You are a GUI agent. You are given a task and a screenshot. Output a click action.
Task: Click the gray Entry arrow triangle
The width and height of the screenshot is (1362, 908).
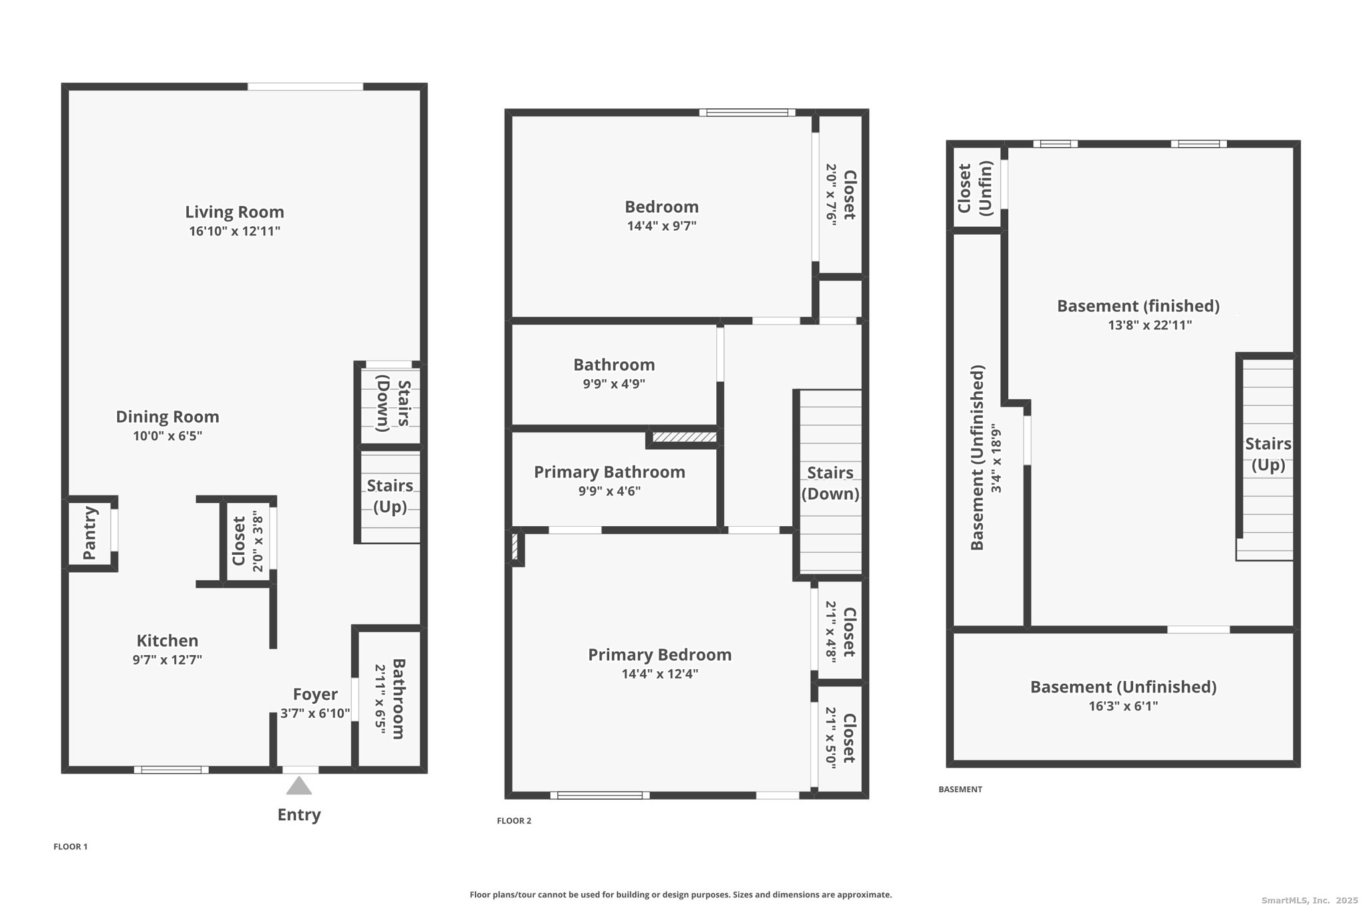(x=299, y=786)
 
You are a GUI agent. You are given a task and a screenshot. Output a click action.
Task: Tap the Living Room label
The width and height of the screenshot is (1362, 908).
(x=234, y=212)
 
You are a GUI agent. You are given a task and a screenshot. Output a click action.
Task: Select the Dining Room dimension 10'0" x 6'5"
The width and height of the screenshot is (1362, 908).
(x=168, y=436)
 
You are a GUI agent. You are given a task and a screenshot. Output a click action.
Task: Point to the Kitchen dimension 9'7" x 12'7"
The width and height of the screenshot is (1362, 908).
(x=167, y=660)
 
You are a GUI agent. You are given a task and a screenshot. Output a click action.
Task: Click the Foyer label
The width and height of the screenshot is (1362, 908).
(x=315, y=694)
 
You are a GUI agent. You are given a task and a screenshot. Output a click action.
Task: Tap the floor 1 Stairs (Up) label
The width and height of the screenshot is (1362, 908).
(x=390, y=496)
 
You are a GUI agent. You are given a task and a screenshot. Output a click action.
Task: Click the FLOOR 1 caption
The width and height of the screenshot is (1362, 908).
(x=70, y=847)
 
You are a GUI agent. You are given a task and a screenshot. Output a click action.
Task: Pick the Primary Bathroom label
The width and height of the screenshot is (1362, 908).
(x=609, y=472)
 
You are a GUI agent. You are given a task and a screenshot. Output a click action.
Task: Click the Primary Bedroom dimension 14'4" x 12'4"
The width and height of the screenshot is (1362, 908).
(x=660, y=674)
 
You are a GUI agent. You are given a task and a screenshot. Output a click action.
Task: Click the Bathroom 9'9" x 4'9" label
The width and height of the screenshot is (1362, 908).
(x=614, y=365)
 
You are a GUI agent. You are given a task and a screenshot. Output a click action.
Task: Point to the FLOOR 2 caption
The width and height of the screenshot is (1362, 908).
(x=514, y=821)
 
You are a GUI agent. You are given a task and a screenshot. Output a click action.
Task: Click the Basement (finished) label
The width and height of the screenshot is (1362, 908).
(x=1138, y=306)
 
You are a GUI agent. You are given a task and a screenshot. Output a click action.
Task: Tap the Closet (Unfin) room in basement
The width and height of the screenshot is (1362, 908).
(x=975, y=188)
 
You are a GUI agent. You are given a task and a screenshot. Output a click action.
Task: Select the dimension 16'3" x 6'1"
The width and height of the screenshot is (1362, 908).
(x=1123, y=706)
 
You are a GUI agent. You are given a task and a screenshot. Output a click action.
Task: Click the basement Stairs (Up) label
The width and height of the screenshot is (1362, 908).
(x=1268, y=454)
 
